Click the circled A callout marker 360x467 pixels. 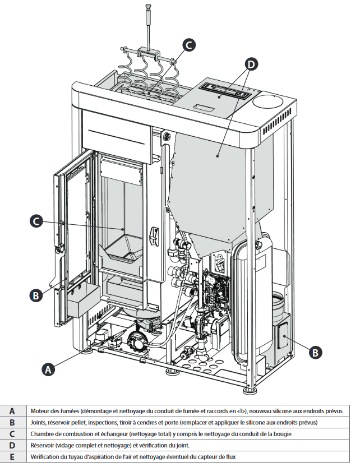pyautogui.click(x=48, y=369)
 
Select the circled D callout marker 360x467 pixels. pyautogui.click(x=251, y=64)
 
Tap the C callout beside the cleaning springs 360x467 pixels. pyautogui.click(x=189, y=45)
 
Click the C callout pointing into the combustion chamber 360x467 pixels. pyautogui.click(x=36, y=221)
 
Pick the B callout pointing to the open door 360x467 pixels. pyautogui.click(x=36, y=296)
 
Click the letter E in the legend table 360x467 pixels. pyautogui.click(x=12, y=456)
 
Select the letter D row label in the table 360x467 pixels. pyautogui.click(x=12, y=445)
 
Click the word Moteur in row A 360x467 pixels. pyautogui.click(x=39, y=411)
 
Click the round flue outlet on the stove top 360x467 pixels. pyautogui.click(x=268, y=101)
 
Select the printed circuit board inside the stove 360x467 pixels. pyautogui.click(x=215, y=289)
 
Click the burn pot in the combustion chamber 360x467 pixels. pyautogui.click(x=124, y=249)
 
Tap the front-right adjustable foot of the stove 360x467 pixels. pyautogui.click(x=250, y=390)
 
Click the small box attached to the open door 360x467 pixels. pyautogui.click(x=83, y=300)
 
